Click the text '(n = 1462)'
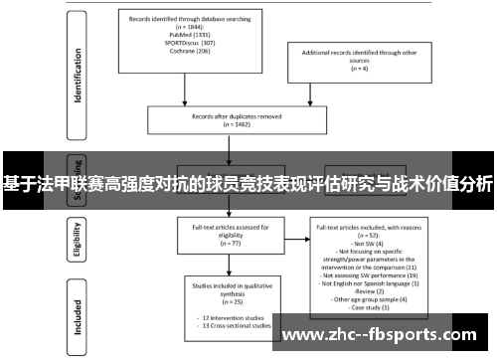coord(215,123)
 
